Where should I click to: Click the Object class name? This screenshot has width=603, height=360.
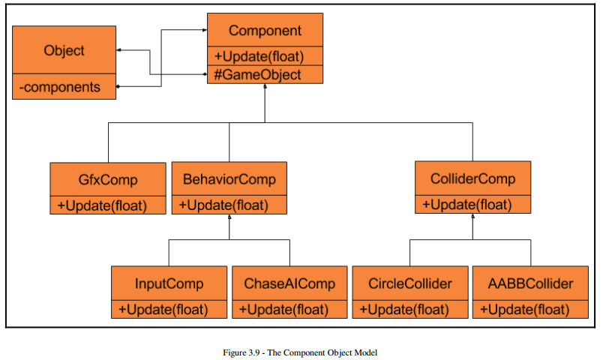tap(64, 50)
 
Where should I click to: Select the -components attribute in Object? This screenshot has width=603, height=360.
tap(59, 87)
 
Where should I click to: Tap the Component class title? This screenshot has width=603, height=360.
tap(265, 31)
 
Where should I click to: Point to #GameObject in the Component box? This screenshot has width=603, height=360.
tap(257, 74)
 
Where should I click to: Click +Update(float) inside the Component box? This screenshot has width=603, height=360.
tap(259, 56)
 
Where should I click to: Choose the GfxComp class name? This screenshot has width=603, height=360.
tap(108, 179)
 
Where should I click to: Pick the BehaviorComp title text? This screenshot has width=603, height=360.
tap(229, 179)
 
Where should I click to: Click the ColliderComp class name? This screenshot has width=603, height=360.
tap(472, 178)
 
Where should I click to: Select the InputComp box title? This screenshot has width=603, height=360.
tap(169, 283)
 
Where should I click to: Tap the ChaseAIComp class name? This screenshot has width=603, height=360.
tap(289, 283)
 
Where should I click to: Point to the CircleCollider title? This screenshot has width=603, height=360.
tap(410, 283)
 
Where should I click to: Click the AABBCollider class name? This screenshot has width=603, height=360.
tap(530, 283)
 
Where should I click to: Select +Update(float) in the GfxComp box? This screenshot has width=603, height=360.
tap(102, 205)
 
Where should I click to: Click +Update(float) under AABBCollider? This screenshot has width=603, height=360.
tap(524, 310)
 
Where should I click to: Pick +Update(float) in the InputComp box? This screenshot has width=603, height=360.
tap(163, 310)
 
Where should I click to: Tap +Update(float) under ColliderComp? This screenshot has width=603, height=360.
tap(466, 205)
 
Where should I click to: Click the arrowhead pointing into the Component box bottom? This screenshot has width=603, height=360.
tap(265, 86)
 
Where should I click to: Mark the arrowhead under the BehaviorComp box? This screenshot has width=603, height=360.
tap(229, 217)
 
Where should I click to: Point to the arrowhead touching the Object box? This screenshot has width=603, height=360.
tap(118, 50)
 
